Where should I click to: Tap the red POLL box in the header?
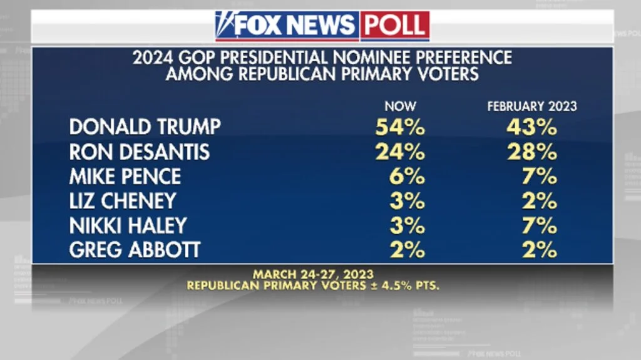point(395,26)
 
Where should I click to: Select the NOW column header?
point(400,106)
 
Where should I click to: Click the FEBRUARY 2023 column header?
point(532,106)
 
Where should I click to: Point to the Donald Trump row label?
point(145,127)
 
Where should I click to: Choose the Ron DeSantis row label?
point(139,152)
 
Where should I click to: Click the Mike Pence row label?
point(125,177)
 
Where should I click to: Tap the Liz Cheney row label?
point(122,201)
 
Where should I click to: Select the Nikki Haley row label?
point(128,225)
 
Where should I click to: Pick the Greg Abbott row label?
point(135,250)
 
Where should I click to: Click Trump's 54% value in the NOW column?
point(400,127)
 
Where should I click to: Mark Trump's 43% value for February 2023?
point(531,127)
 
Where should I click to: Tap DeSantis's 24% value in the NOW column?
point(400,152)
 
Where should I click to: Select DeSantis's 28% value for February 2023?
point(531,152)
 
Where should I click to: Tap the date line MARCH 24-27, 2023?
point(313,274)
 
